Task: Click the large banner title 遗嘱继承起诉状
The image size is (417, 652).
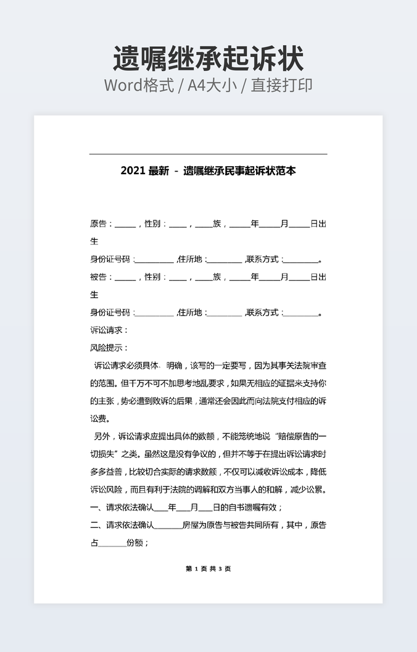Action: pos(208,59)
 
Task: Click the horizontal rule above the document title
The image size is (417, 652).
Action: pos(208,154)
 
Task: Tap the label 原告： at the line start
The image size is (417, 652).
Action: pos(101,224)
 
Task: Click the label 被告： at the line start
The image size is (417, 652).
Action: pos(101,277)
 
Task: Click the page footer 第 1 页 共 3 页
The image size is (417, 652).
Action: pos(208,569)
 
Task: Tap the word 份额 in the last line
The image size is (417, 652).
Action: pos(135,544)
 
